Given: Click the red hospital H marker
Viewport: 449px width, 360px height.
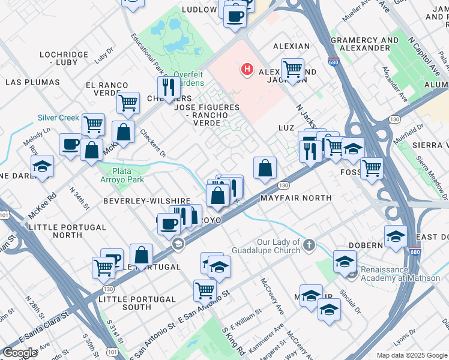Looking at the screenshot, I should click(x=246, y=70).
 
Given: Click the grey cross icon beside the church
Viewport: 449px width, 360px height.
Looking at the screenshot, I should click(x=309, y=245).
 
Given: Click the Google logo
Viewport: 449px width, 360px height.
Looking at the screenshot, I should click(x=20, y=352).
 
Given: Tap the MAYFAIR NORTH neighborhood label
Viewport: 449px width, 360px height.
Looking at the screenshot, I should click(x=295, y=198).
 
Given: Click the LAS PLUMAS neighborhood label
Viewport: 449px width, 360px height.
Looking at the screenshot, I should click(x=32, y=82).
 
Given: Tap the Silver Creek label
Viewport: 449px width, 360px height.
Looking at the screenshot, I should click(x=58, y=118).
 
